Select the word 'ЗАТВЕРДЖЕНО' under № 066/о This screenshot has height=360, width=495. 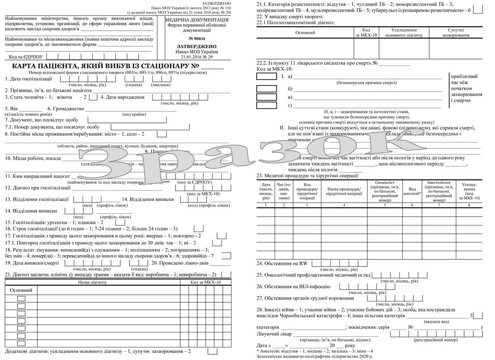197,46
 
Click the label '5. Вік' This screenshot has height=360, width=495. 11,108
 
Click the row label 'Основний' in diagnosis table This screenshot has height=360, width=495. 21,290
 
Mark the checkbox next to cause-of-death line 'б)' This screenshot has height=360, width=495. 266,89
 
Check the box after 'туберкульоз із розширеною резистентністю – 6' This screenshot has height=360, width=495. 478,9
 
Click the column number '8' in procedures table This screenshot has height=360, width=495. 468,206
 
